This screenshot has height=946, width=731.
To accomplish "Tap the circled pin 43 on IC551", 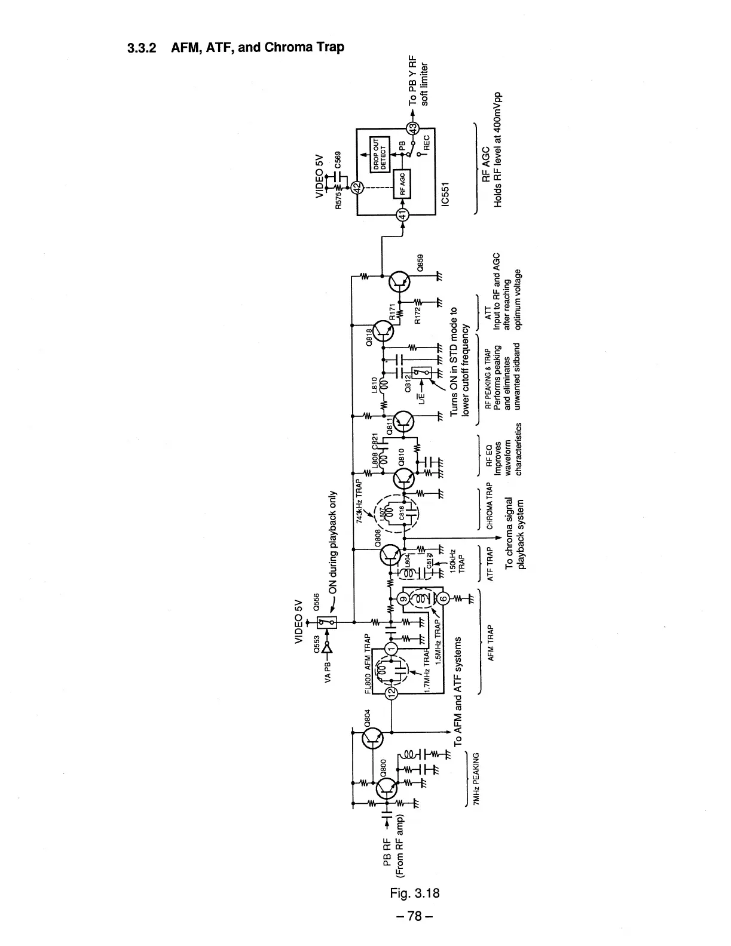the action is [x=412, y=128].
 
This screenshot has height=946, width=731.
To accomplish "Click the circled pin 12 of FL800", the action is [x=392, y=693].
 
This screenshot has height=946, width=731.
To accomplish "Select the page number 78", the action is [x=415, y=916].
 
